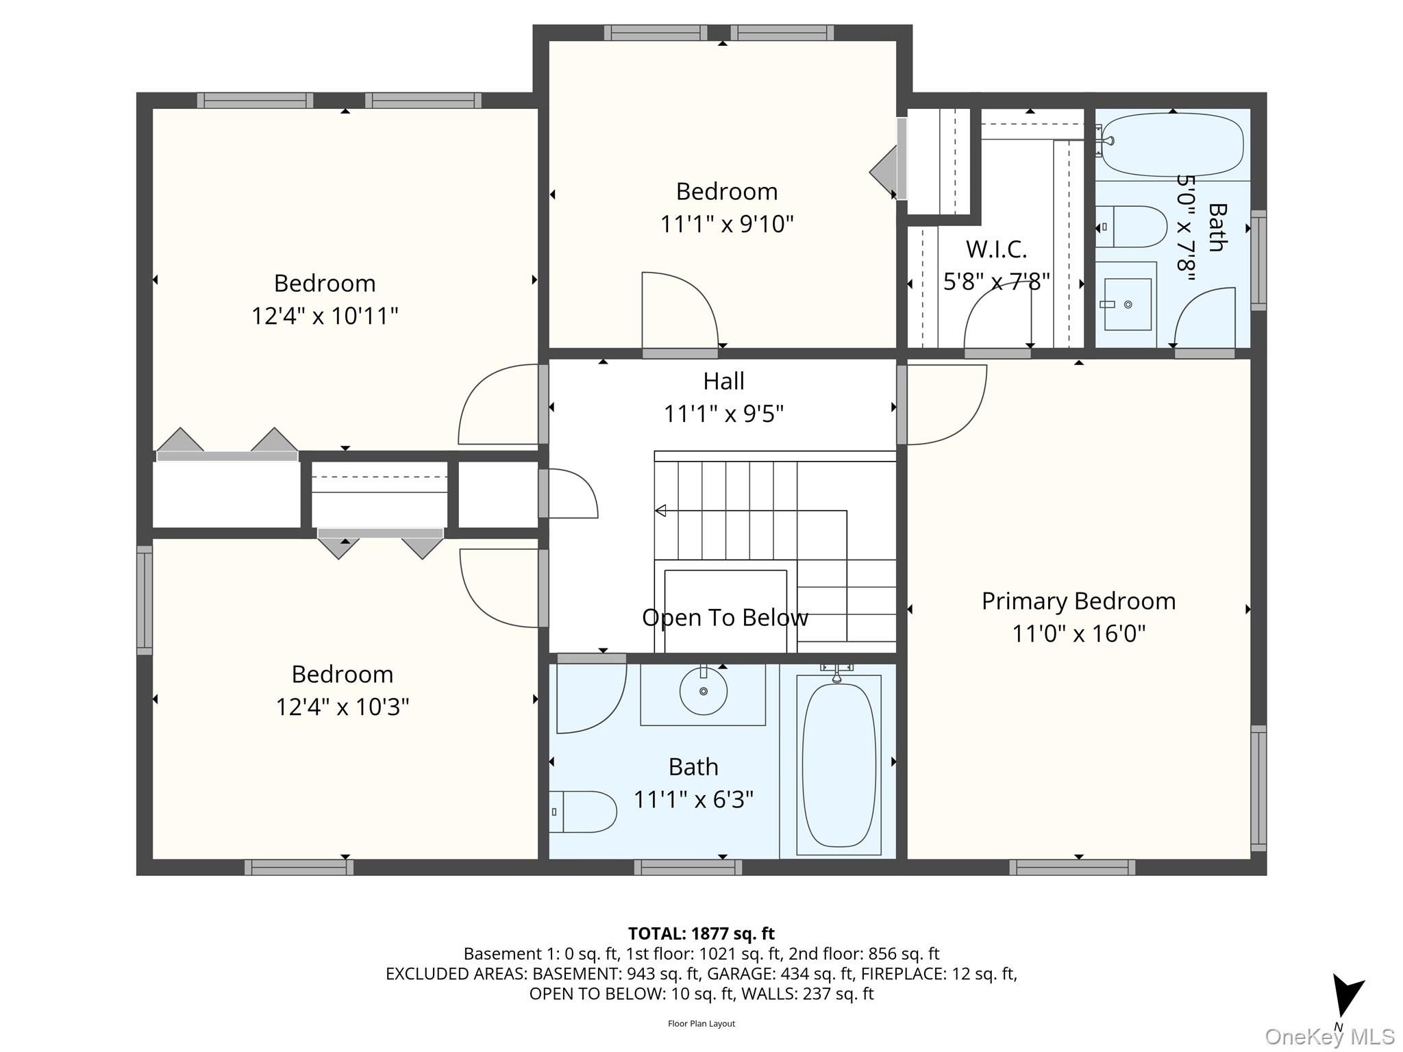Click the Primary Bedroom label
coord(1078,601)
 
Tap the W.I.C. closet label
coord(996,249)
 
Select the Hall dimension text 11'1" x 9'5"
coord(723,414)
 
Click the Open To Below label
coord(725,618)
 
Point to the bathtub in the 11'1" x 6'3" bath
coord(839,765)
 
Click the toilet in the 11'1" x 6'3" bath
coord(582,812)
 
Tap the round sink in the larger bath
coord(704,691)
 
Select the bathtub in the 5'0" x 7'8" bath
coord(1172,145)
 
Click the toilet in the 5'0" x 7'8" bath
coord(1131,227)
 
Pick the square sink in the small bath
coord(1128,304)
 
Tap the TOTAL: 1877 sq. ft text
coord(701,934)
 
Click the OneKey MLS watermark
coord(1330,1036)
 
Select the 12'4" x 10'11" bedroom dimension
coord(325,316)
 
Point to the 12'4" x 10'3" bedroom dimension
coord(343,706)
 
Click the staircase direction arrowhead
coord(660,510)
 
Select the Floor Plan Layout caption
coord(701,1024)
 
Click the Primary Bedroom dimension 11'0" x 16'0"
coord(1079,634)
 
